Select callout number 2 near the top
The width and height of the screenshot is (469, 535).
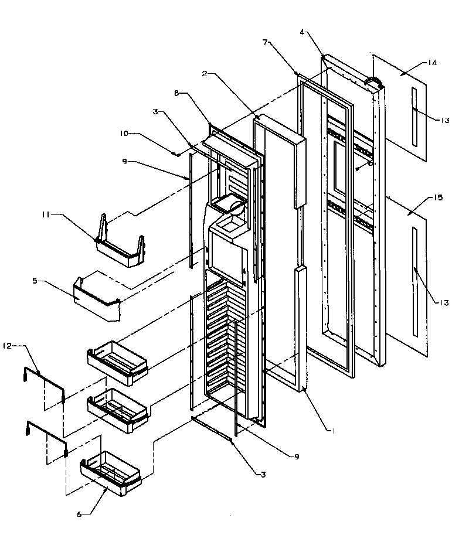pyautogui.click(x=204, y=74)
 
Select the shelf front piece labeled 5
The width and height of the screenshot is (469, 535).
pyautogui.click(x=97, y=299)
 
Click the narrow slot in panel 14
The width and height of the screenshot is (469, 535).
pyautogui.click(x=414, y=117)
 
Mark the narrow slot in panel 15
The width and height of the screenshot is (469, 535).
pyautogui.click(x=414, y=281)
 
